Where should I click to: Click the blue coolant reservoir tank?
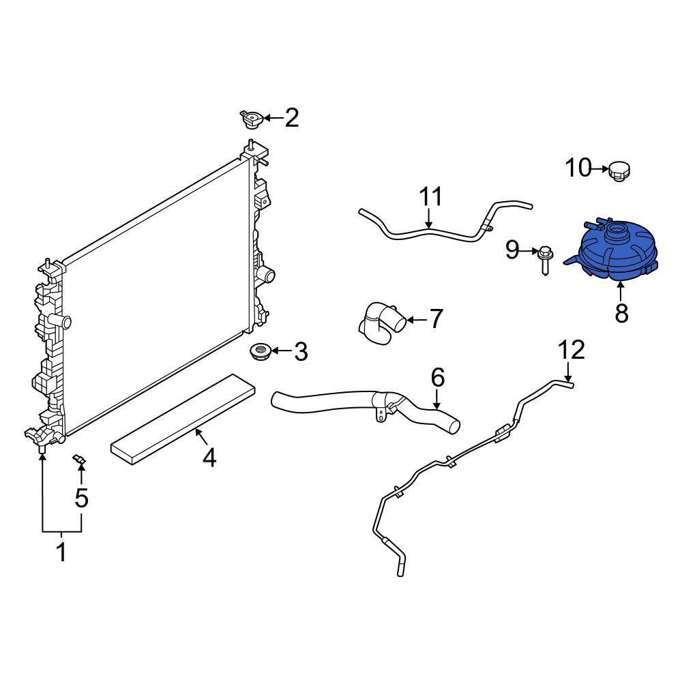[x=614, y=256]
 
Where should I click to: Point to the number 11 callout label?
[x=430, y=197]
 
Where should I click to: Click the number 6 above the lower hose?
[x=437, y=376]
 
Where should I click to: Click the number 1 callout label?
[x=61, y=552]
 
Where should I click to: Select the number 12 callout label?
[x=572, y=350]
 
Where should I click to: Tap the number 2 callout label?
[x=292, y=119]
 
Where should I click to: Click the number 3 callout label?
[x=301, y=353]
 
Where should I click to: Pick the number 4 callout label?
[x=209, y=458]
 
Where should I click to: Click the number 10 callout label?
[x=578, y=167]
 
